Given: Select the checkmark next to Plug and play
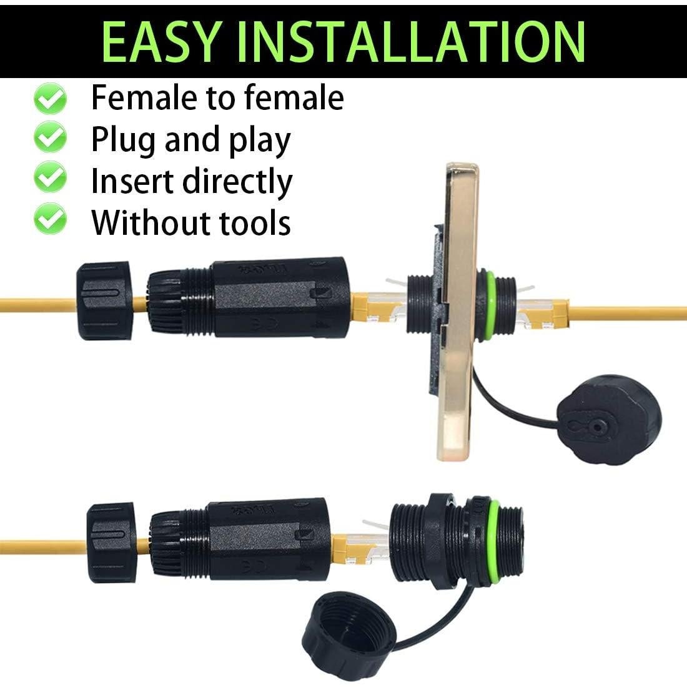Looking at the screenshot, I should (x=50, y=139).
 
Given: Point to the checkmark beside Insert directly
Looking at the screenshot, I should (x=50, y=179).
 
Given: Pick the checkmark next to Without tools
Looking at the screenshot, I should (x=50, y=220).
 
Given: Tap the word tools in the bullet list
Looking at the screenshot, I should (x=256, y=222).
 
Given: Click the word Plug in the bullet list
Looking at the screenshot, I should (x=124, y=140).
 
